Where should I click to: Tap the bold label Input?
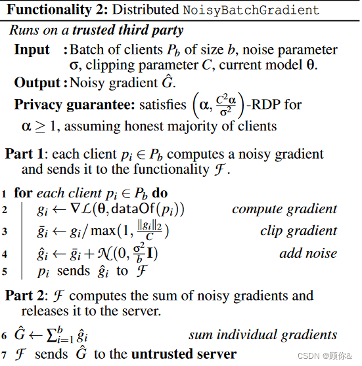pyautogui.click(x=32, y=50)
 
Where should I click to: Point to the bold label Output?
pyautogui.click(x=37, y=82)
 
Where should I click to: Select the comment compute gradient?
pyautogui.click(x=284, y=210)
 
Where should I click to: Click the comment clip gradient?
pyautogui.click(x=298, y=232)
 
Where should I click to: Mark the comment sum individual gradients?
pyautogui.click(x=263, y=335)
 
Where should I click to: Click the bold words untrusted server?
pyautogui.click(x=184, y=354)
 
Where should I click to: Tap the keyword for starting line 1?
pyautogui.click(x=23, y=193)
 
